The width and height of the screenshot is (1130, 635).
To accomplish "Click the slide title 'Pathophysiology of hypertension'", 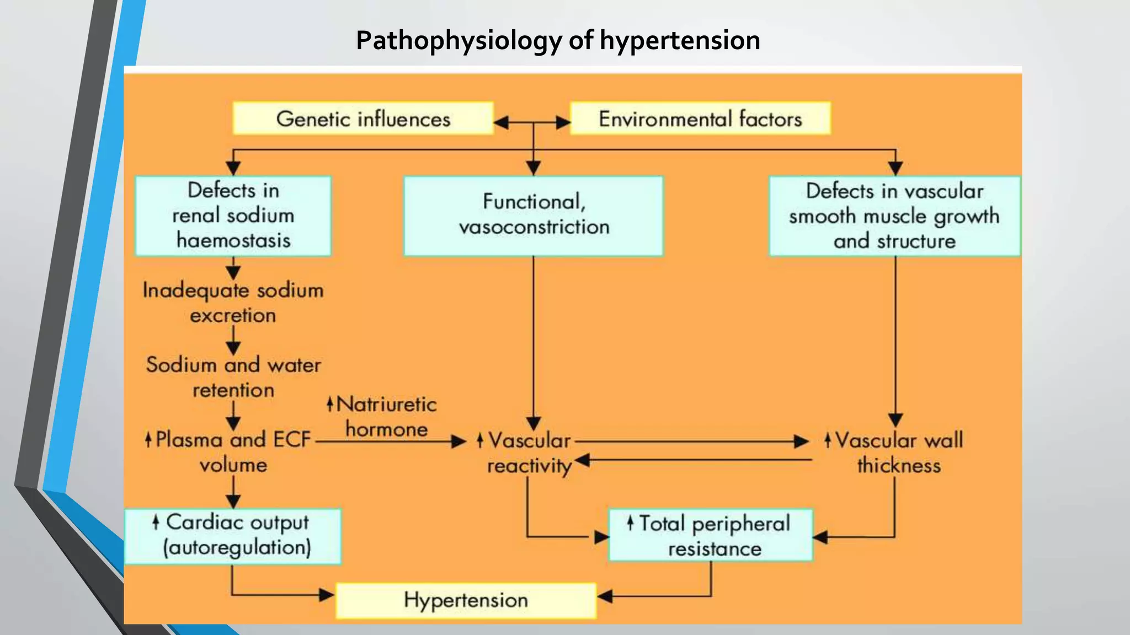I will (x=558, y=40).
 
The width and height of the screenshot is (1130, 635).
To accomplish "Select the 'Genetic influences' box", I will (x=363, y=119).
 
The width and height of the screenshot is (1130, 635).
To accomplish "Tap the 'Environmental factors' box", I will (x=700, y=119).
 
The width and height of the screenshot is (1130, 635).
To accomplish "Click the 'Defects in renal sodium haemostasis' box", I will (x=233, y=216).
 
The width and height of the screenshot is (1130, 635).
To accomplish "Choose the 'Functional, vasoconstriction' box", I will (x=533, y=216).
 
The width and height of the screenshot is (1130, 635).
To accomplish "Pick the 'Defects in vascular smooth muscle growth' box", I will (x=894, y=216).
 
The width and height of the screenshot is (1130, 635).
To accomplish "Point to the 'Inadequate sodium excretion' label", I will (x=233, y=303).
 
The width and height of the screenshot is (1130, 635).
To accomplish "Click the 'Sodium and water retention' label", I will (x=233, y=377).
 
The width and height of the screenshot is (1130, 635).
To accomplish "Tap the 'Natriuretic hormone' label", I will (x=386, y=417).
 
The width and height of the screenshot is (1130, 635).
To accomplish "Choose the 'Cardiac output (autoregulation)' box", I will (x=233, y=536).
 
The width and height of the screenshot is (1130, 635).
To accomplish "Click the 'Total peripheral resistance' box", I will (x=711, y=535).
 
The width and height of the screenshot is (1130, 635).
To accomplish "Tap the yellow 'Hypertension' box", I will (x=466, y=600).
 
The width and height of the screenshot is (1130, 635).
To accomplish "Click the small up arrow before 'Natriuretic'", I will (x=330, y=404).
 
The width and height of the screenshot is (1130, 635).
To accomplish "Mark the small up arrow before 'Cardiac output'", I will (x=156, y=521).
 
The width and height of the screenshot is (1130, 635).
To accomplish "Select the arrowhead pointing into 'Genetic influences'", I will (x=500, y=122).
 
